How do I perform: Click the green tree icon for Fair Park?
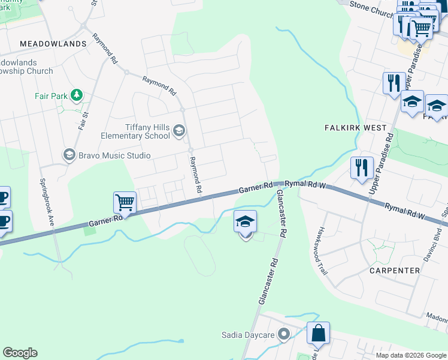coord(76,95)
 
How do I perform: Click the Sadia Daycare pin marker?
coord(284,334)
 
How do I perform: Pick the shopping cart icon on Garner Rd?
coord(125,203)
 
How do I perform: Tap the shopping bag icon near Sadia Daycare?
coord(318,333)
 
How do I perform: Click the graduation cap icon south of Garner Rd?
coord(245,222)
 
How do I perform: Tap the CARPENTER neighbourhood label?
coord(395,271)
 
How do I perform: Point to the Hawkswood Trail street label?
coord(323,250)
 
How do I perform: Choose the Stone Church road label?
coord(371,10)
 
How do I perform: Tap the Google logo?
coord(20,353)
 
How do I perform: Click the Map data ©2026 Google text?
coord(411,355)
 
